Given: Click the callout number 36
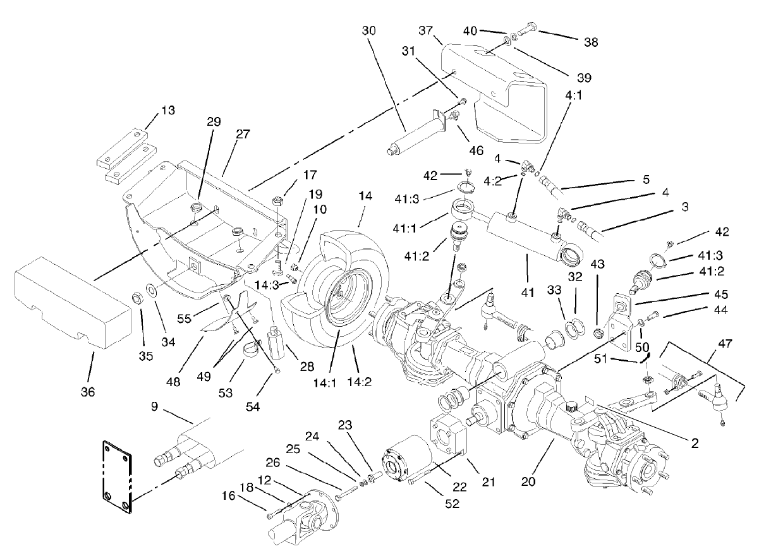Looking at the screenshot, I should pos(88,392).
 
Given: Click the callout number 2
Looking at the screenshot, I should pos(694,443).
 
